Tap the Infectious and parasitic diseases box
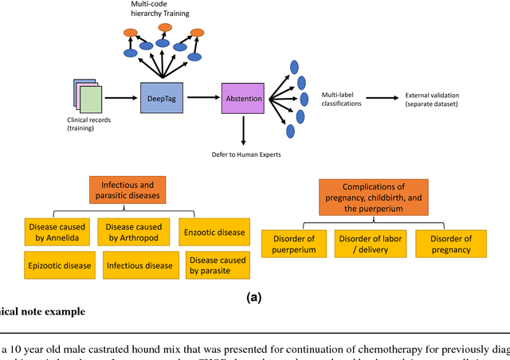click(x=127, y=190)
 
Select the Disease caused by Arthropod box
click(x=135, y=231)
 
